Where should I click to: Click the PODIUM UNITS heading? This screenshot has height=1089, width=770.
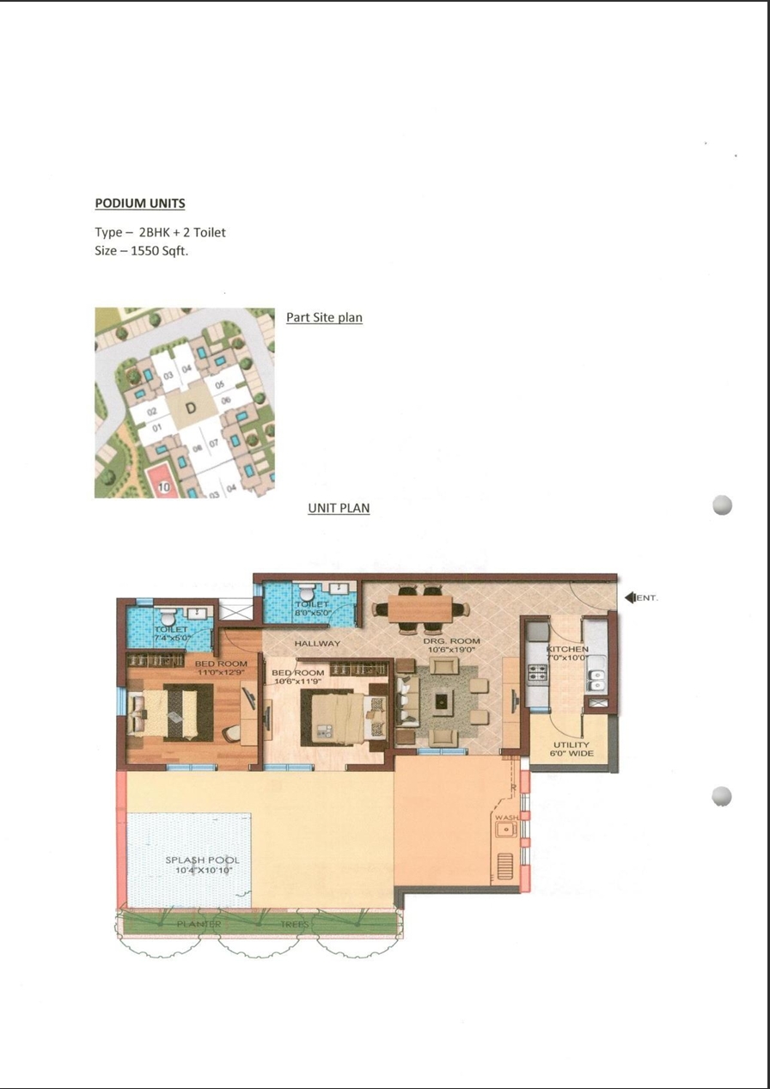pyautogui.click(x=139, y=204)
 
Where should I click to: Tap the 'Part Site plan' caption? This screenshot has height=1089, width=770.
pyautogui.click(x=324, y=317)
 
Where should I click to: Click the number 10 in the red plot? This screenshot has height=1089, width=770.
pyautogui.click(x=164, y=487)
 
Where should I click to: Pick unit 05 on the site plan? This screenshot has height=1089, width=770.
pyautogui.click(x=220, y=385)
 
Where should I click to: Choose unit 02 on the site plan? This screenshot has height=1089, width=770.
pyautogui.click(x=151, y=413)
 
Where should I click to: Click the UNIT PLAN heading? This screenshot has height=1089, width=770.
pyautogui.click(x=339, y=508)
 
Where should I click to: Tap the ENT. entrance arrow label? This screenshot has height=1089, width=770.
pyautogui.click(x=642, y=597)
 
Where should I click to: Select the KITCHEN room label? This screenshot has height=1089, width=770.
pyautogui.click(x=567, y=649)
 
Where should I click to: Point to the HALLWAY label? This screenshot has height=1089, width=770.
pyautogui.click(x=317, y=643)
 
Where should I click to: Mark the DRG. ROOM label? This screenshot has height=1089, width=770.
pyautogui.click(x=451, y=641)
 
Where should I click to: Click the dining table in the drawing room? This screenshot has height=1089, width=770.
pyautogui.click(x=420, y=609)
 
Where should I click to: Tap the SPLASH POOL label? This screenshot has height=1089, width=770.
pyautogui.click(x=202, y=860)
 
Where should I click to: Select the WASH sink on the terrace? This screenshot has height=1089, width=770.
pyautogui.click(x=506, y=829)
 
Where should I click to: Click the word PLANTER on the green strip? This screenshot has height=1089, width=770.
pyautogui.click(x=199, y=924)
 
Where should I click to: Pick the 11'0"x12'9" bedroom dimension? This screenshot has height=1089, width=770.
pyautogui.click(x=221, y=673)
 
